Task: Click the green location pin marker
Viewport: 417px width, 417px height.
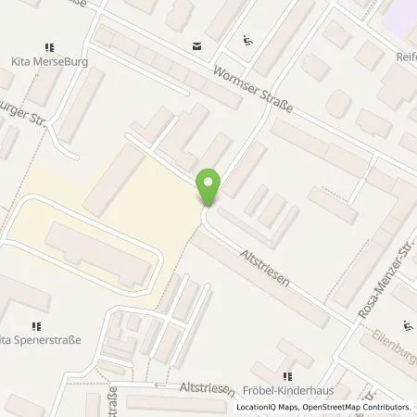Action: pyautogui.click(x=209, y=186)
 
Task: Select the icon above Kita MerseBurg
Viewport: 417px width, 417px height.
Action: pyautogui.click(x=49, y=46)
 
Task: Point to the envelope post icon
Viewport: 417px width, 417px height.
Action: pyautogui.click(x=196, y=45)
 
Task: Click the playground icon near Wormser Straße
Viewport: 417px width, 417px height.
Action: pyautogui.click(x=246, y=40)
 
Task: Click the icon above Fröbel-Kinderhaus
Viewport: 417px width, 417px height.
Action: pyautogui.click(x=287, y=376)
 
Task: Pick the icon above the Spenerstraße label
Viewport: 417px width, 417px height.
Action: pyautogui.click(x=37, y=324)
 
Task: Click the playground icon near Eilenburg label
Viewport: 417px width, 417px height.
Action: pyautogui.click(x=408, y=325)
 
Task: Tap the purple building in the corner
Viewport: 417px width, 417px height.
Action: pyautogui.click(x=399, y=12)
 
